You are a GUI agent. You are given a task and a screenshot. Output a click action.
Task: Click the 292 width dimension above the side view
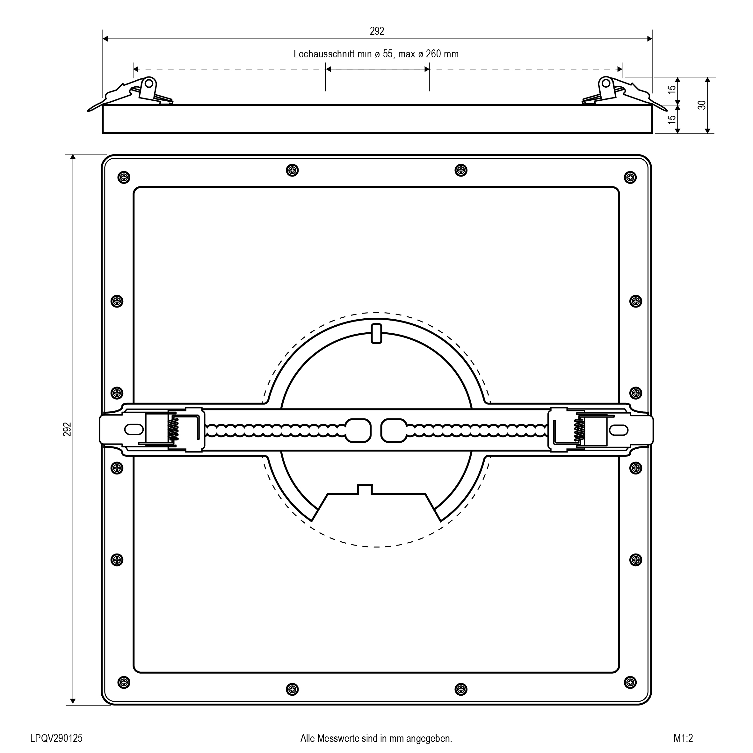coord(377,31)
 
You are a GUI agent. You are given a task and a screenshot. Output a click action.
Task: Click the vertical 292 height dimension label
coord(68,429)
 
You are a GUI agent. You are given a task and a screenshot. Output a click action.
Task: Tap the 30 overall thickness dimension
coord(702,105)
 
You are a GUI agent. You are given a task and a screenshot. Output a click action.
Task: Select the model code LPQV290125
coord(56,738)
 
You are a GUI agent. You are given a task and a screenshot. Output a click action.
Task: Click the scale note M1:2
coord(683,738)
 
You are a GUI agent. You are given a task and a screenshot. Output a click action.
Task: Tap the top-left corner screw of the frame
coord(124,177)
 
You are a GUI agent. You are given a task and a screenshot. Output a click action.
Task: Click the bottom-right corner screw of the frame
coord(630,682)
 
